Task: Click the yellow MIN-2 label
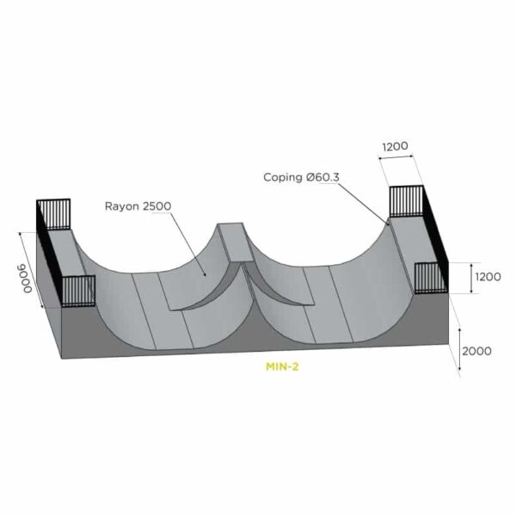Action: [282, 366]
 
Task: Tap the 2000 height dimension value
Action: [476, 351]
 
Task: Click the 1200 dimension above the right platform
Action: [395, 146]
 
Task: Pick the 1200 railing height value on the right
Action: [488, 277]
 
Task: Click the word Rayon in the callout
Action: [122, 206]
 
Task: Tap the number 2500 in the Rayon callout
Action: [157, 206]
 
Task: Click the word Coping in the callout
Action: [283, 178]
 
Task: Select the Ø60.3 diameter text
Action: [322, 177]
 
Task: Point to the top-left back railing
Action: [53, 214]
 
